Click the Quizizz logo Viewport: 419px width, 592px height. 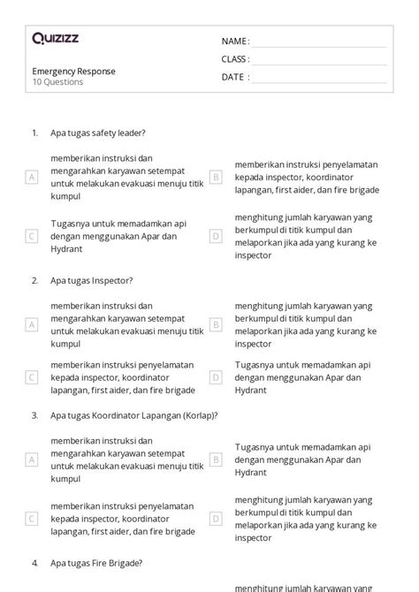tap(55, 38)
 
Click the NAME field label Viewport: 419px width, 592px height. tap(235, 42)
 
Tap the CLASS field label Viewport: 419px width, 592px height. tap(235, 59)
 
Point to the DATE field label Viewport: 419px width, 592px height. tap(235, 77)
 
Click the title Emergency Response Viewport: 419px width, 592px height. tap(73, 71)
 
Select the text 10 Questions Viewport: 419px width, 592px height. tap(57, 82)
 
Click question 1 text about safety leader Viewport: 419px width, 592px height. tap(97, 133)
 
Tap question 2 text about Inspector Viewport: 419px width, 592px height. tap(91, 280)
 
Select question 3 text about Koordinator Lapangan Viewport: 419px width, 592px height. tap(133, 414)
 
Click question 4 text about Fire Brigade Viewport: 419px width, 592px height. tap(96, 562)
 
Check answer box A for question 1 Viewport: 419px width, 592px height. tap(32, 177)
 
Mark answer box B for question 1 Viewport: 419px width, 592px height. tap(215, 177)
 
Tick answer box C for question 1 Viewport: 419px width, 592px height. tap(32, 236)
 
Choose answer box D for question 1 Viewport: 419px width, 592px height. tap(215, 236)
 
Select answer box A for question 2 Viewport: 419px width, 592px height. tap(32, 324)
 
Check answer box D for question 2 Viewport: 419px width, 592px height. tap(215, 377)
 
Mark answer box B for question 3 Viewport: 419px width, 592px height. tap(215, 459)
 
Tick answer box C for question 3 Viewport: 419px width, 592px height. tap(32, 519)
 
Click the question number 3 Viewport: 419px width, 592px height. tap(34, 414)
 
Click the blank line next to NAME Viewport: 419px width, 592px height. tap(319, 43)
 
